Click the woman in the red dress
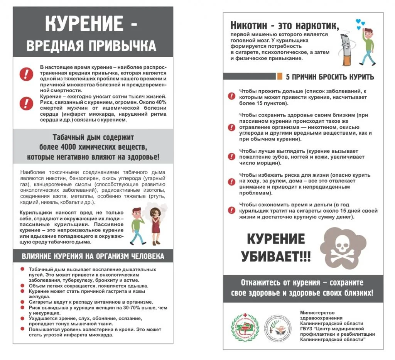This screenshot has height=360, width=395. coord(155,225)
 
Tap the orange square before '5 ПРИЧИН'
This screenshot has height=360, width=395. coord(280,76)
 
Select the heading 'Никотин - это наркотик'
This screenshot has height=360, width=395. coord(285,25)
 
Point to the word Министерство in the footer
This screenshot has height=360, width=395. coord(317,313)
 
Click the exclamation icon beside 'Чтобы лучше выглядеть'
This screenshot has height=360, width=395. coord(231,157)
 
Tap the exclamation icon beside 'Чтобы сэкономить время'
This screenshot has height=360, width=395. coord(231,210)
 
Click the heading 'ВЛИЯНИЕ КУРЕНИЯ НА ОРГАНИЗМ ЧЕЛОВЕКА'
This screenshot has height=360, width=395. coord(93,256)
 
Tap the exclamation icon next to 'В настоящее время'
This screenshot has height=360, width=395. coord(26,73)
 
